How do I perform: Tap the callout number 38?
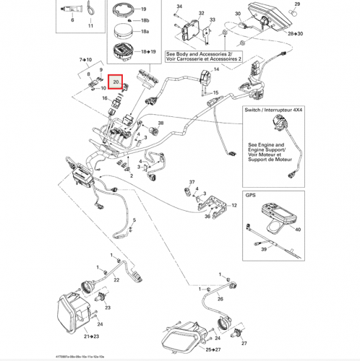[x=160, y=124]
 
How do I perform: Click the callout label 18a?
[x=145, y=33]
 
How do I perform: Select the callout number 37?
[x=193, y=181]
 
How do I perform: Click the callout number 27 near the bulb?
[x=244, y=344]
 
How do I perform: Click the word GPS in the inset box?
[x=251, y=195]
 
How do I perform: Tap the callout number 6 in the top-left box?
[x=72, y=22]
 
